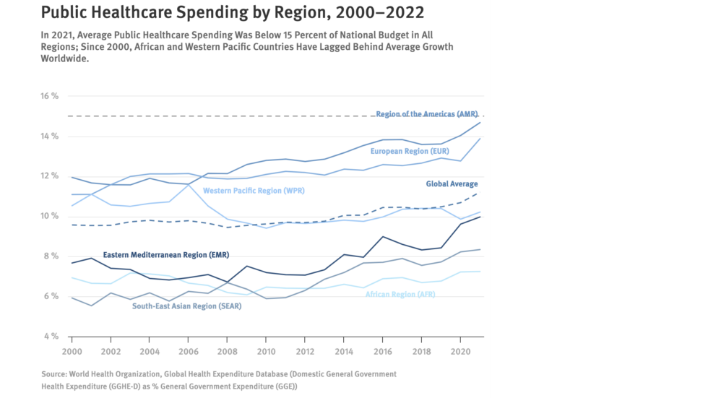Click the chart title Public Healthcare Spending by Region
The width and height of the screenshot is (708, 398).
click(x=232, y=12)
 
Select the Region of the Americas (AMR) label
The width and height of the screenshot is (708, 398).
click(x=426, y=114)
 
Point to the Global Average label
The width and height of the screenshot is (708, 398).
click(x=452, y=184)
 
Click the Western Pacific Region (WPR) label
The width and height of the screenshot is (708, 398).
click(x=252, y=191)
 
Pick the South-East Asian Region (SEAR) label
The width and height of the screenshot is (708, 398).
click(x=186, y=306)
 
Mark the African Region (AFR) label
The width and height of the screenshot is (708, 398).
click(x=400, y=295)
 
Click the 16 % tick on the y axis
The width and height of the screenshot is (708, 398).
click(x=49, y=96)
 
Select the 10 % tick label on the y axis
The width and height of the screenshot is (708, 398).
click(x=49, y=217)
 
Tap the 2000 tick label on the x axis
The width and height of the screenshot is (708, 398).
click(x=72, y=350)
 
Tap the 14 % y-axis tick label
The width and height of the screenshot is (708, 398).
click(x=49, y=137)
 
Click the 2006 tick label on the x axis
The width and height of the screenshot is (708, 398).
click(x=187, y=350)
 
